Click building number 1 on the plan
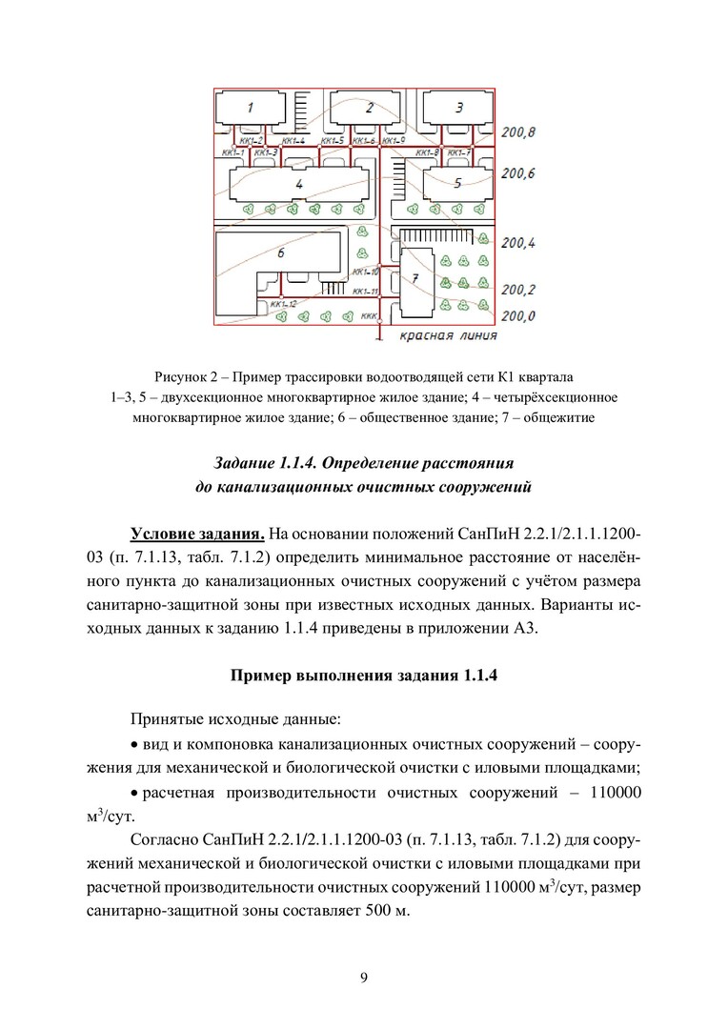click(x=250, y=108)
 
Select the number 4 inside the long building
click(x=298, y=182)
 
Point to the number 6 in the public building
click(x=280, y=253)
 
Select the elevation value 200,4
click(x=518, y=244)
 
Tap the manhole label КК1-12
click(x=284, y=303)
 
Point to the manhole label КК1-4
click(x=293, y=141)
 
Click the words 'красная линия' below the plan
click(x=447, y=335)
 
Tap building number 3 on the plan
click(x=458, y=108)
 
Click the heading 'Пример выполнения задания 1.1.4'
click(x=363, y=676)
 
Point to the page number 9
click(x=364, y=976)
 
